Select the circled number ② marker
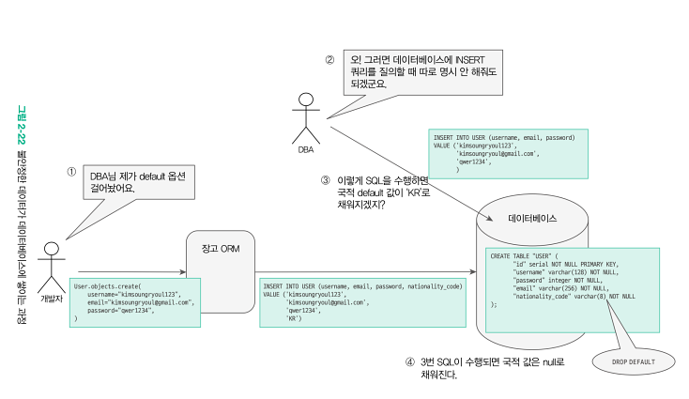[329, 60]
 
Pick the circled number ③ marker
[326, 181]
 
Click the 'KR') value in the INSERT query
[295, 319]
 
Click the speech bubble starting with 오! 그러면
[418, 70]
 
